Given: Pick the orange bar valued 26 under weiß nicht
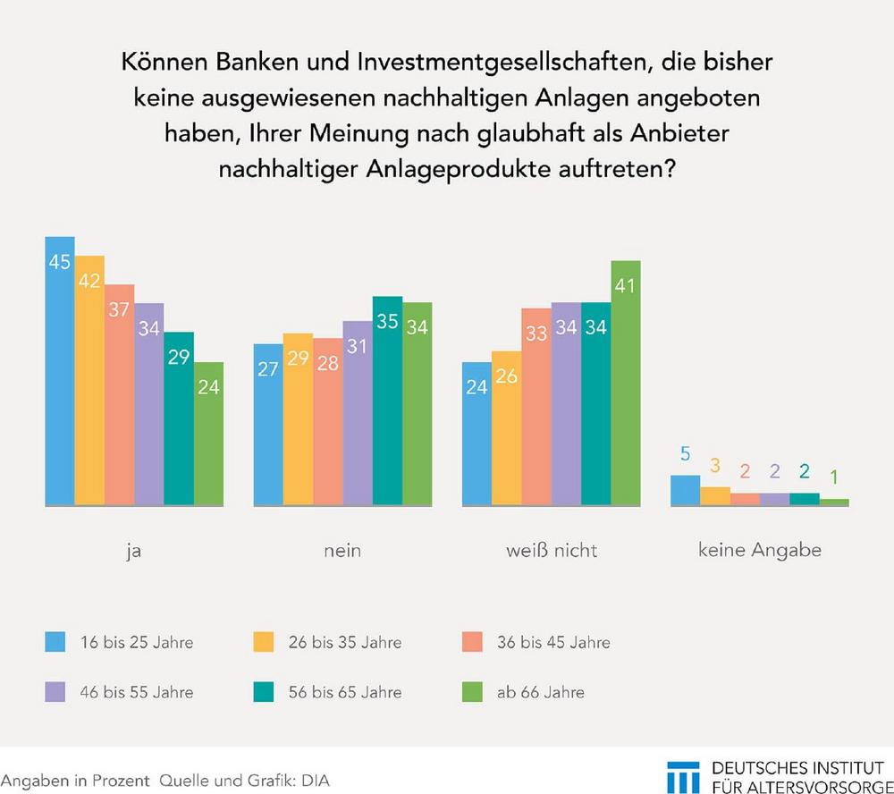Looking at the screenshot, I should coord(506,428).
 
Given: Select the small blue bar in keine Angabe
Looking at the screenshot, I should coord(685,490).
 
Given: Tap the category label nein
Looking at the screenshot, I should coord(342,551).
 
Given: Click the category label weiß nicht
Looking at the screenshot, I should coord(552,551).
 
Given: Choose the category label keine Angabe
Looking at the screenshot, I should coord(760,551).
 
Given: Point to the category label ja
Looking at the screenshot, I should coord(134,551).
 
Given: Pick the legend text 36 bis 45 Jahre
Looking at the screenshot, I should coord(552,642).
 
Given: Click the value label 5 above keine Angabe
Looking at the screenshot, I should coord(685,454).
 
